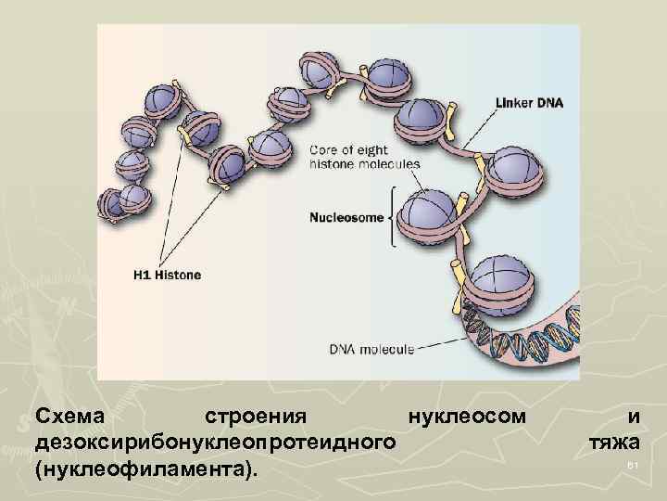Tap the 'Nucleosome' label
tap(346, 219)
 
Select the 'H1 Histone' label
tap(164, 275)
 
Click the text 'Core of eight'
tap(349, 148)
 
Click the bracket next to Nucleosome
tap(394, 218)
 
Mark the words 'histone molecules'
tap(363, 162)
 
